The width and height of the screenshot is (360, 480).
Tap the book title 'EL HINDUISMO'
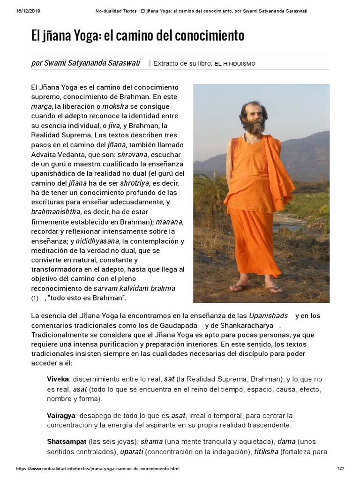[x=235, y=64]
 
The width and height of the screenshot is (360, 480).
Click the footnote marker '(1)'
[x=35, y=298]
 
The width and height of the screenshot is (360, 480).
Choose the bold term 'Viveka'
[x=58, y=379]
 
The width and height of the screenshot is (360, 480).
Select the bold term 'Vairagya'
[x=61, y=416]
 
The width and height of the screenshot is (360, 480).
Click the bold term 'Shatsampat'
[x=67, y=442]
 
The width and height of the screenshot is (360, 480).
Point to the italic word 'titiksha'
[x=266, y=452]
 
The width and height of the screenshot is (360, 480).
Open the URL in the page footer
[x=97, y=469]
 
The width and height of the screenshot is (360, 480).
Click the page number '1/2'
[x=340, y=469]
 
